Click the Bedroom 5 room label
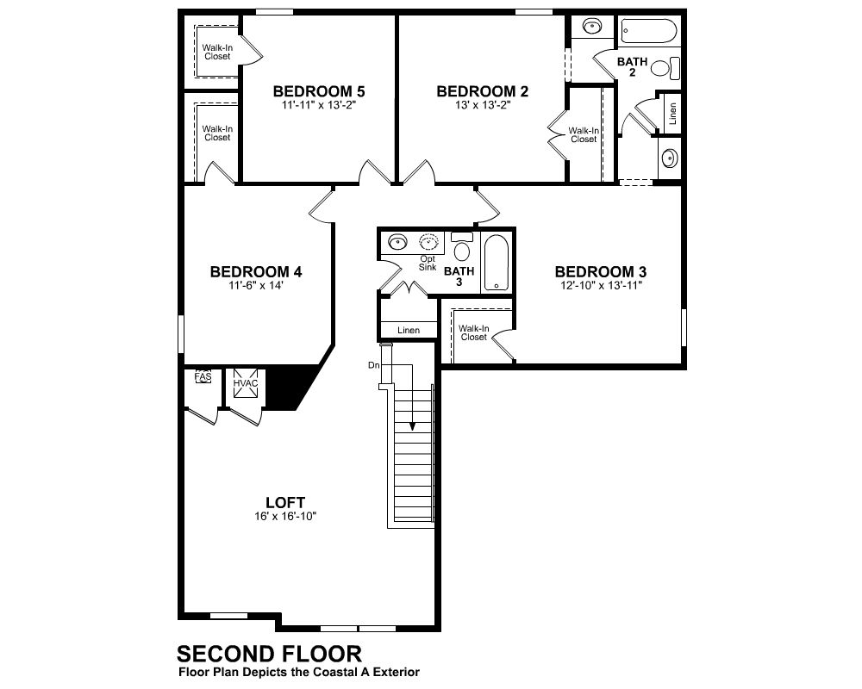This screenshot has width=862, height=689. [319, 91]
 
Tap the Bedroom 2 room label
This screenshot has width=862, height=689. [482, 91]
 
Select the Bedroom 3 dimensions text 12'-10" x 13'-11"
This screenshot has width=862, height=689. [600, 285]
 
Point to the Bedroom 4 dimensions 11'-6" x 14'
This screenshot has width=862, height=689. [256, 285]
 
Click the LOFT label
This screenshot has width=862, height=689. [285, 502]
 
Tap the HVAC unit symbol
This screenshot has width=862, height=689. [245, 383]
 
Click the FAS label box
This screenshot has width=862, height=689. [203, 377]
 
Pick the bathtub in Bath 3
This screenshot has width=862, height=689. [497, 263]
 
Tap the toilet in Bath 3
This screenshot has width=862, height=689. [462, 246]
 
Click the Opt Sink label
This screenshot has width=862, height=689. [428, 263]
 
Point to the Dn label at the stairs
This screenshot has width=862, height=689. [374, 365]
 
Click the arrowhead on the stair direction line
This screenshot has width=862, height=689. [412, 427]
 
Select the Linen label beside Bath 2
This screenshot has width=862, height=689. [672, 114]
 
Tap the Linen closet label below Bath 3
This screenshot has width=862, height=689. [409, 330]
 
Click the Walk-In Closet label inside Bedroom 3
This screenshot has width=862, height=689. [474, 332]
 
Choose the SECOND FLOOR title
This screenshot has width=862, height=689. [269, 654]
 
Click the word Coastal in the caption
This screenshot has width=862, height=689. [334, 672]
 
